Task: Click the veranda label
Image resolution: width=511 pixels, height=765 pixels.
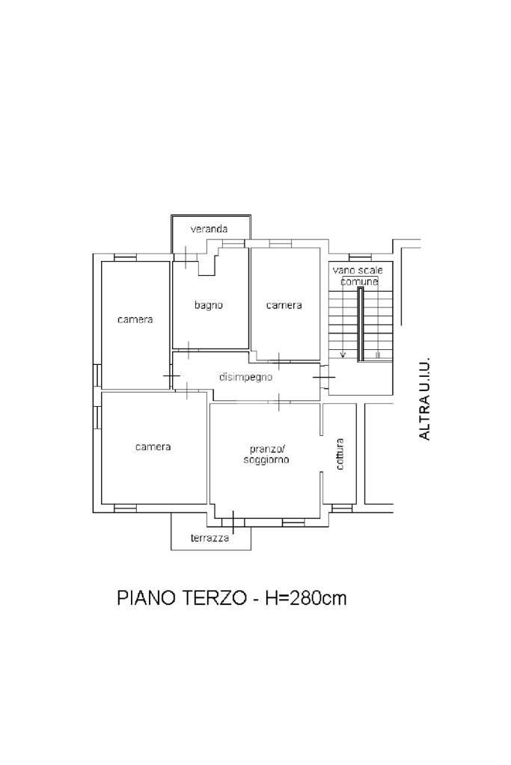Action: (x=209, y=229)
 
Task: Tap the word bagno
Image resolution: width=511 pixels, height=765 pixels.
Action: (x=209, y=305)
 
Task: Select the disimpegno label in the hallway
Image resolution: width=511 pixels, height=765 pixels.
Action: (x=245, y=377)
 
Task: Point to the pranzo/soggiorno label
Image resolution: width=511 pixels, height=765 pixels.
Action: (x=266, y=454)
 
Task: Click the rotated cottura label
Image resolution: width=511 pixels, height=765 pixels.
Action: (x=340, y=454)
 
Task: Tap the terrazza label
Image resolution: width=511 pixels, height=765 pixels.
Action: (x=210, y=538)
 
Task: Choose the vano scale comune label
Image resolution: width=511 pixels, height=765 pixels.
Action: (x=358, y=276)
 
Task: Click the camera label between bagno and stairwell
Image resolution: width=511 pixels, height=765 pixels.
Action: (x=284, y=305)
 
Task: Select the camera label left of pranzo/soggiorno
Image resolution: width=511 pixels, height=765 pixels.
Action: (x=153, y=447)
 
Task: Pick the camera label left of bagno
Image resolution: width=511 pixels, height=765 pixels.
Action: (x=135, y=319)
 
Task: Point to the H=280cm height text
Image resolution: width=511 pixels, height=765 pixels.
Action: (x=305, y=597)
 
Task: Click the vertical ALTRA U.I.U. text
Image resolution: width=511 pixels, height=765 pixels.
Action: (x=425, y=398)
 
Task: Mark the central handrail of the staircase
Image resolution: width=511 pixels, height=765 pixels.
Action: (x=360, y=325)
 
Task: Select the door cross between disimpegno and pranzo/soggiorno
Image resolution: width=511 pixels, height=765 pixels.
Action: (x=278, y=402)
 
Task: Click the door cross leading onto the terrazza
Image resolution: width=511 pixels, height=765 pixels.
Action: (x=233, y=522)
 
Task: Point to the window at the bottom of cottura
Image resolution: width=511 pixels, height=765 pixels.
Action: (x=342, y=509)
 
